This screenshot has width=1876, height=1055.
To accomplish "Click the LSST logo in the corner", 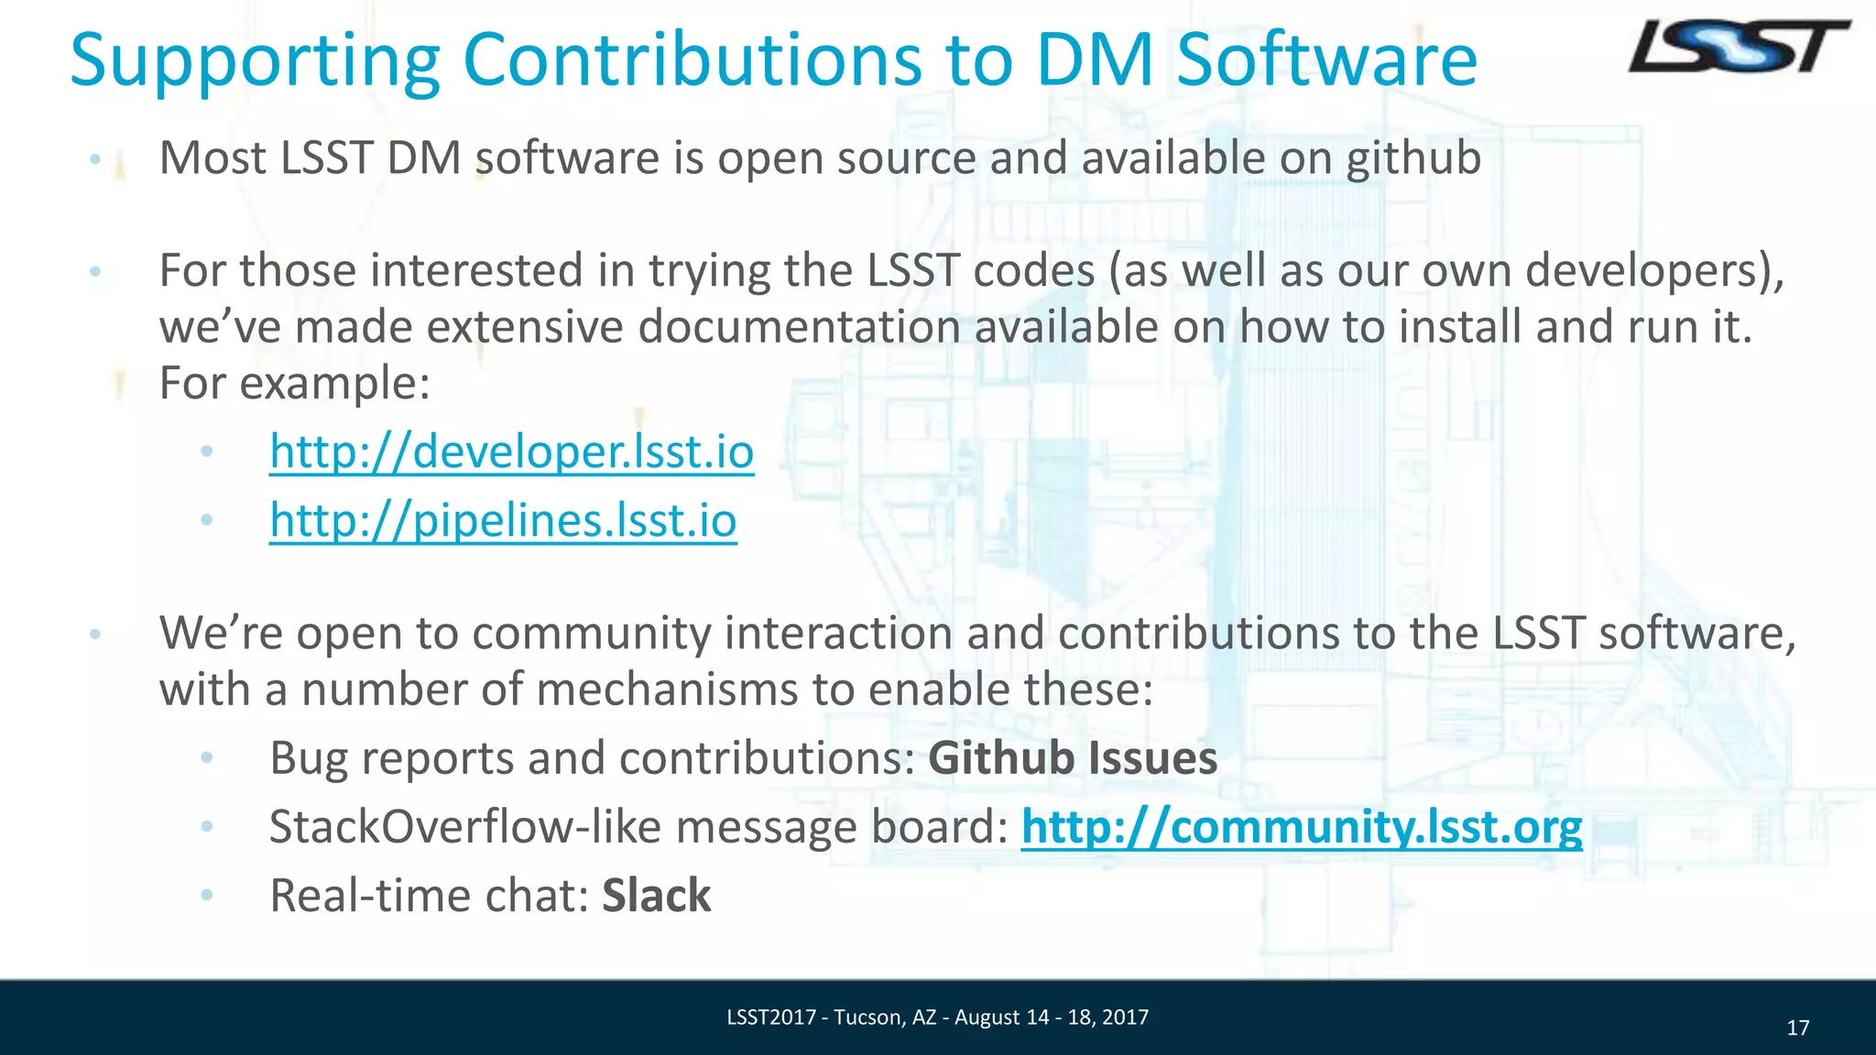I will coord(1738,48).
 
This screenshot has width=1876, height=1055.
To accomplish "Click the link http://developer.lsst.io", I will coord(511,451).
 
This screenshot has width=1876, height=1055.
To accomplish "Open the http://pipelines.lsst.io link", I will coord(503,520).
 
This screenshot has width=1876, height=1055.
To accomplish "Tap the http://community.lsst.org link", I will coord(1301,827).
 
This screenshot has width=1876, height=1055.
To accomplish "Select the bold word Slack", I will coord(656,896).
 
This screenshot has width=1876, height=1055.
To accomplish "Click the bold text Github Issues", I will coord(1073,758).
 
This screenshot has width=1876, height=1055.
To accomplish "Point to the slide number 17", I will coord(1797,1028).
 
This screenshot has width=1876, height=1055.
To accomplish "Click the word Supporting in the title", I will coord(255,60).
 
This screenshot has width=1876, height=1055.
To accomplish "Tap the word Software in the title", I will coord(1326,60).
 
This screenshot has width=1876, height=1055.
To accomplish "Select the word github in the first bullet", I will coord(1412,158).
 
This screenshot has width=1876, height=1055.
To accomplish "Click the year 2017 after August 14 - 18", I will coord(1126,1017).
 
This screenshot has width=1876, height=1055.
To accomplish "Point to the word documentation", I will coord(798,327).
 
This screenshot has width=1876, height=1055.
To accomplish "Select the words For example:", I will coord(294,383).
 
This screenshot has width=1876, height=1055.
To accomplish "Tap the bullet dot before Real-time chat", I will coord(207,895).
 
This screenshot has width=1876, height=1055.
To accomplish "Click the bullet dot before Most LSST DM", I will coord(94,159).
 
